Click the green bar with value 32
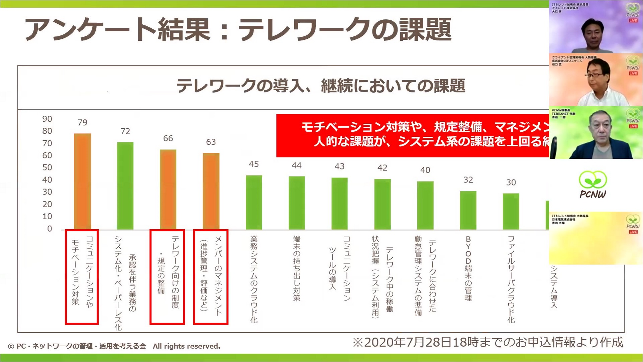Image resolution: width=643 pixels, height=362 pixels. tap(468, 210)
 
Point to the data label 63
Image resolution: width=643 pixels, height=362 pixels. tap(211, 142)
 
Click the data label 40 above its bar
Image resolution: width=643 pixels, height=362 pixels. tap(425, 170)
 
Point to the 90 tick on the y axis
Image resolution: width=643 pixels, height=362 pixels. tap(47, 119)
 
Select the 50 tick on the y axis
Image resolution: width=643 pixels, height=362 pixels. tap(47, 167)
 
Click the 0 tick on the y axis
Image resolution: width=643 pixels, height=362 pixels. tap(49, 229)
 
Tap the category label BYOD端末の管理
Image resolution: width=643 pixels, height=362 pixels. tap(468, 268)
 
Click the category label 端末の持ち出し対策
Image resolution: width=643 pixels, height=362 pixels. tap(296, 268)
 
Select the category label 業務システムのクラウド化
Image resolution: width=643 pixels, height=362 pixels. tap(254, 279)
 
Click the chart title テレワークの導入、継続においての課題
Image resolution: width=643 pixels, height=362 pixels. tap(320, 86)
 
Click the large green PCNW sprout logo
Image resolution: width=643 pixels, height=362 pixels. tap(593, 184)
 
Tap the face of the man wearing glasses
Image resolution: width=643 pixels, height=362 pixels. tap(597, 75)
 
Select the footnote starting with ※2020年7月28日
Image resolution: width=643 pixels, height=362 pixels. tap(488, 342)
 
